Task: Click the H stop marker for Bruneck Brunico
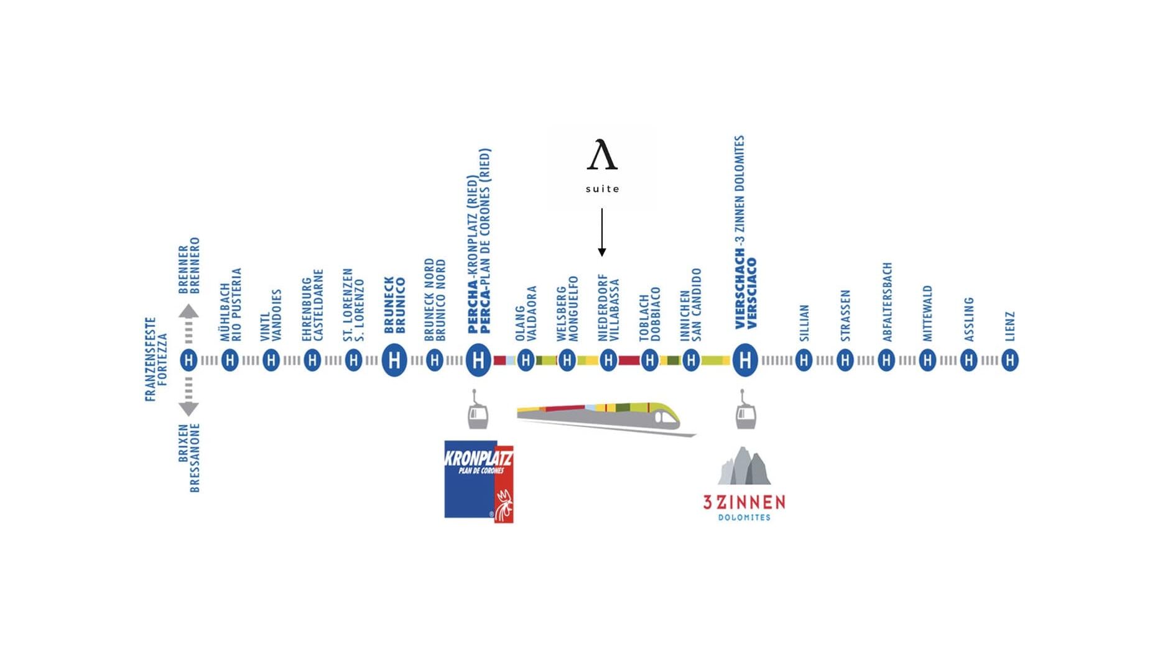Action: pyautogui.click(x=394, y=360)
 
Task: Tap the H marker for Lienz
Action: pyautogui.click(x=1010, y=360)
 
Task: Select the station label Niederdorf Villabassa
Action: pyautogui.click(x=609, y=308)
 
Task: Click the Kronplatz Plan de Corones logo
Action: pyautogui.click(x=479, y=481)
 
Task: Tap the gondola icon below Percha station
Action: pyautogui.click(x=478, y=411)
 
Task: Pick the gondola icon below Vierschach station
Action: pyautogui.click(x=745, y=411)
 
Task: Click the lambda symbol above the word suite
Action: pyautogui.click(x=602, y=155)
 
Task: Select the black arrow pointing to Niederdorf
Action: pyautogui.click(x=602, y=233)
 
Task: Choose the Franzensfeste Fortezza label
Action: pyautogui.click(x=156, y=359)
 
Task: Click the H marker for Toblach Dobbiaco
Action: pyautogui.click(x=650, y=360)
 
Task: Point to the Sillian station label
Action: pyautogui.click(x=804, y=323)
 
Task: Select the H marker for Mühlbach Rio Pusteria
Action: pyautogui.click(x=230, y=360)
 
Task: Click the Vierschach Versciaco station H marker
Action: pyautogui.click(x=745, y=360)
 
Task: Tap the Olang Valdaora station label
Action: pyautogui.click(x=526, y=313)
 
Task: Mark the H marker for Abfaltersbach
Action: pyautogui.click(x=886, y=360)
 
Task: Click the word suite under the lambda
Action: pyautogui.click(x=602, y=189)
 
